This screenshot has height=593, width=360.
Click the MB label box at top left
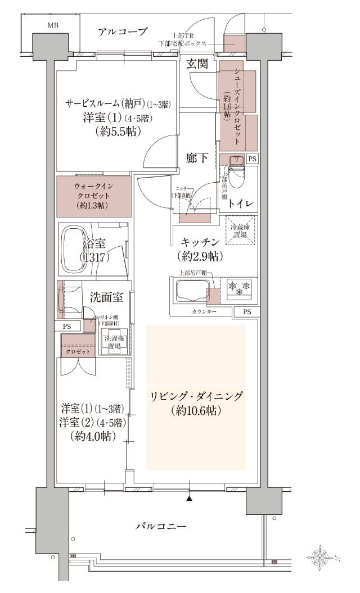pyautogui.click(x=52, y=25)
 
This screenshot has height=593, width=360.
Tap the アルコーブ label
pyautogui.click(x=123, y=31)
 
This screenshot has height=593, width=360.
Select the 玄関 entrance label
pyautogui.click(x=197, y=64)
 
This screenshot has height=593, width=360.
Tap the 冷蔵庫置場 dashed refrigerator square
pyautogui.click(x=241, y=230)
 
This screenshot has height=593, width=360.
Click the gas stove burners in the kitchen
pyautogui.click(x=238, y=289)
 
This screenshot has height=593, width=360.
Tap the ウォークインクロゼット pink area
pyautogui.click(x=93, y=196)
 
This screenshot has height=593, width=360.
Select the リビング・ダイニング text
pyautogui.click(x=196, y=397)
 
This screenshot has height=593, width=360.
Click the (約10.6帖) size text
pyautogui.click(x=196, y=411)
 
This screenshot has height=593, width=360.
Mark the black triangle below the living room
pyautogui.click(x=190, y=498)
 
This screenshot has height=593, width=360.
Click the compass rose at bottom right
pyautogui.click(x=321, y=557)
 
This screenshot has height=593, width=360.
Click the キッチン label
pyautogui.click(x=200, y=242)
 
